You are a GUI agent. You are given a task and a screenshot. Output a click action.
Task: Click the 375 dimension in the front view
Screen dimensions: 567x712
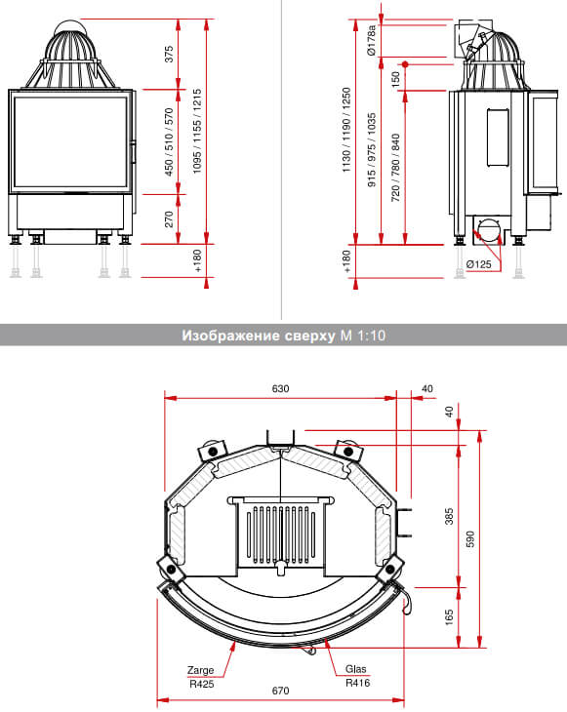coord(169,54)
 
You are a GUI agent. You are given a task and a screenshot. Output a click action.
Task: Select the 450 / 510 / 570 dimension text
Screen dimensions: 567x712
coord(169,141)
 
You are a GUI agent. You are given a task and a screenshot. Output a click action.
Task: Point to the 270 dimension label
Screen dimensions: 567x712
coord(169,218)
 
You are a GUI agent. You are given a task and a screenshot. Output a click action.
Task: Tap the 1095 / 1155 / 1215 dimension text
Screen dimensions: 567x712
coord(197,131)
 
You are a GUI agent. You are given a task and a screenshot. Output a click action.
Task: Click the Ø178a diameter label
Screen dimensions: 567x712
coord(372,40)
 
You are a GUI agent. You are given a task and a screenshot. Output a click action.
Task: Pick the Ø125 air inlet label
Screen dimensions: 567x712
coord(479,264)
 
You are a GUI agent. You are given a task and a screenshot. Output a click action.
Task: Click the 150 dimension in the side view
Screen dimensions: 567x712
coord(395,79)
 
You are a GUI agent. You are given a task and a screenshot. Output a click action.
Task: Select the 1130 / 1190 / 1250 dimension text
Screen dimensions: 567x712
coord(346,130)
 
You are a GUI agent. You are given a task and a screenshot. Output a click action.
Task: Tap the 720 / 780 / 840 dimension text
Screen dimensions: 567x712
coord(395,168)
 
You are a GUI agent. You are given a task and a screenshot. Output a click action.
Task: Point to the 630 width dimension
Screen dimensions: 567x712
coord(280,389)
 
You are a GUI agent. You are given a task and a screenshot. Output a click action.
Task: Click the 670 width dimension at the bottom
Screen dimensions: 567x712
coord(280,691)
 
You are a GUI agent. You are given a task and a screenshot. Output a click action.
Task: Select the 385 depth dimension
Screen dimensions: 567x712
coord(449,516)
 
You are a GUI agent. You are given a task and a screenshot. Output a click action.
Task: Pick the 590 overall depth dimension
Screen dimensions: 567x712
coord(469,539)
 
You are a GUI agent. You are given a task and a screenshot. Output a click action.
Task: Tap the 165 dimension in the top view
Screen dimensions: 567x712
coord(449,617)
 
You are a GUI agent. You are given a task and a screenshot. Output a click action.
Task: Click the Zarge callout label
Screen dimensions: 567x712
coord(200,670)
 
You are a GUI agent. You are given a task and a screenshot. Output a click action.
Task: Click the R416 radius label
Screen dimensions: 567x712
coord(357,683)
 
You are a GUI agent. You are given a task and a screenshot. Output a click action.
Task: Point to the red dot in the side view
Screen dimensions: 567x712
coord(405,64)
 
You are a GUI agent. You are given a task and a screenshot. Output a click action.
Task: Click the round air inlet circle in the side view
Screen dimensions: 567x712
coord(489,229)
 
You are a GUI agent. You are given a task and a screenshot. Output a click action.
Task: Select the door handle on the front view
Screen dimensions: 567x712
coord(134,152)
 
